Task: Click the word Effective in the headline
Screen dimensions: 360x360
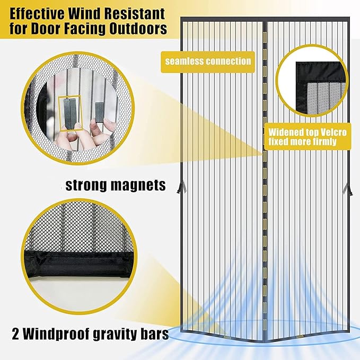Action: [37, 14]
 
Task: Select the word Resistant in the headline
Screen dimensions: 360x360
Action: [135, 14]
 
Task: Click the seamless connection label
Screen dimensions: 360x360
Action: [208, 62]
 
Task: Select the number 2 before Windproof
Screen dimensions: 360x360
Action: [15, 334]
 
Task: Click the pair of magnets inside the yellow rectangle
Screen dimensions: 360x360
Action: [70, 113]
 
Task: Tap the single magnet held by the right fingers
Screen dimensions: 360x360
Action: [100, 112]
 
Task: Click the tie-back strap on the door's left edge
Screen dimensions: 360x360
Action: [181, 187]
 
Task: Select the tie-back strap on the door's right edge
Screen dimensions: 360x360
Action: [348, 189]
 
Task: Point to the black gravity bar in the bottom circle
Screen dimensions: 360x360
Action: [79, 264]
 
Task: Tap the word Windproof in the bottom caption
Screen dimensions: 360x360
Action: [56, 335]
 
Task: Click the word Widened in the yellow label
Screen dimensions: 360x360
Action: [284, 133]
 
